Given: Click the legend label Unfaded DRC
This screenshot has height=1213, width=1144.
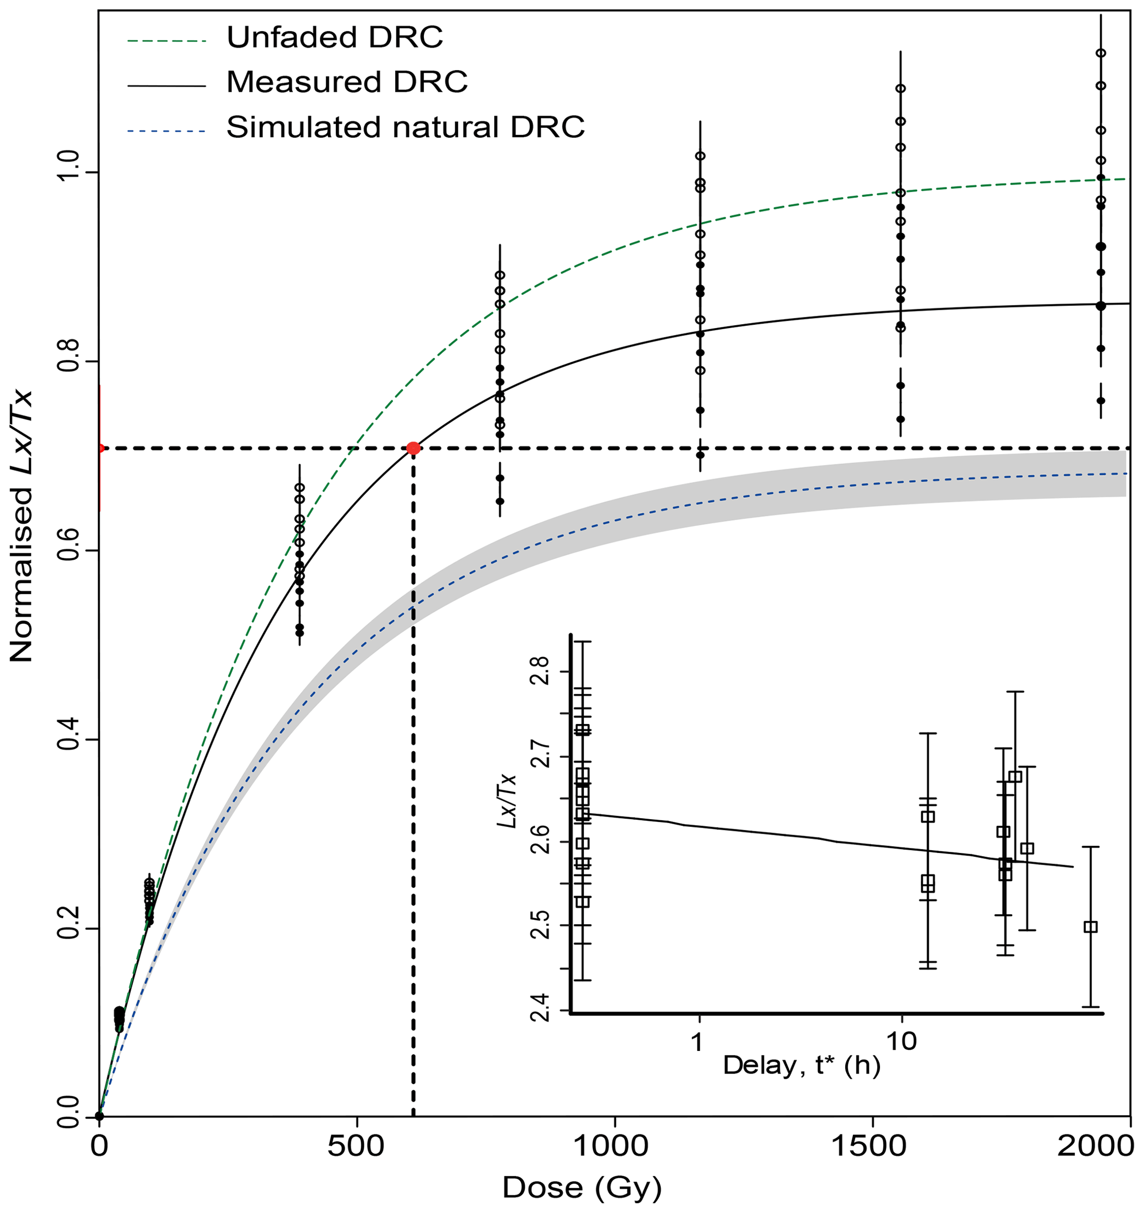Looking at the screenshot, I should (x=334, y=38).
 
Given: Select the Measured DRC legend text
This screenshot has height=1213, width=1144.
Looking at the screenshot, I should (x=346, y=82).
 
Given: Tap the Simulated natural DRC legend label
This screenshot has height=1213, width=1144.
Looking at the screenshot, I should (x=405, y=128).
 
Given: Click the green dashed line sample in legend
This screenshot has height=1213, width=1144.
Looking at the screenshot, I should (x=166, y=41).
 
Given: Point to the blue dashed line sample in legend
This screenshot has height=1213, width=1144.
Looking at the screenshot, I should (x=166, y=131).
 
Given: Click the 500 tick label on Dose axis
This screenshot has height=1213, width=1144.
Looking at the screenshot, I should (x=356, y=1147).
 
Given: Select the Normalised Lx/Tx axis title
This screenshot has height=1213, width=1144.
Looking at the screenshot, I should (x=22, y=526).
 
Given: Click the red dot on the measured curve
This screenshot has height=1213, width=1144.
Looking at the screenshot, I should (x=413, y=449).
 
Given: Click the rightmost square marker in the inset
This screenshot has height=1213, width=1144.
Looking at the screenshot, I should (x=1090, y=927).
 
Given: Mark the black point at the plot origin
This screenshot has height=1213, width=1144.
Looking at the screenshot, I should (x=100, y=1116).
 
